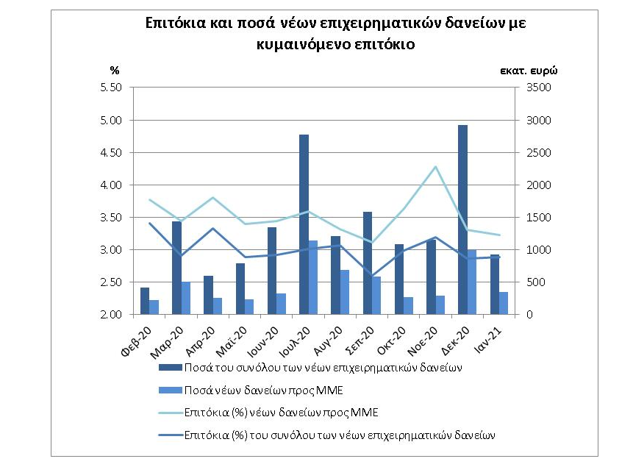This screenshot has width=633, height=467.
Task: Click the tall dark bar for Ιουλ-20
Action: click(304, 224)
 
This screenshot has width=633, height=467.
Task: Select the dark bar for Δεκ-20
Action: click(462, 220)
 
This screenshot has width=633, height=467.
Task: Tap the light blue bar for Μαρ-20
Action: click(186, 298)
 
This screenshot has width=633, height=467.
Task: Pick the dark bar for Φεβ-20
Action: click(145, 301)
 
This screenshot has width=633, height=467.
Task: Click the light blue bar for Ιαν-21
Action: click(504, 303)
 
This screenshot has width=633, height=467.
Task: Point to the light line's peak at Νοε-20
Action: click(435, 166)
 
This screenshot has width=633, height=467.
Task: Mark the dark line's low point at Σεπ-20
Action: click(372, 276)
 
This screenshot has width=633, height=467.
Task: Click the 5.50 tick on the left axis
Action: click(110, 88)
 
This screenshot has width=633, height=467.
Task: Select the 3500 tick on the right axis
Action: click(539, 88)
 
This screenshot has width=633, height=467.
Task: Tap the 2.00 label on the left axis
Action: click(110, 315)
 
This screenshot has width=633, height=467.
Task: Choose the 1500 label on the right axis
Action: click(539, 218)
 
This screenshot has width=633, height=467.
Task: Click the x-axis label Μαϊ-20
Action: click(232, 342)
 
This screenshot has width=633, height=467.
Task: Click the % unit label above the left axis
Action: click(115, 71)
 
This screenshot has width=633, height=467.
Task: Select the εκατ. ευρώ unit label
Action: click(529, 71)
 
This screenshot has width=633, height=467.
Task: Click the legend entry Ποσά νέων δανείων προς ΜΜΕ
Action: click(264, 391)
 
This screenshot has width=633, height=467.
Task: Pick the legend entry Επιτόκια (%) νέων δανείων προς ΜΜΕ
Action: click(282, 413)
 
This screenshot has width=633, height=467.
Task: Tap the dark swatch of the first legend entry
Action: click(171, 368)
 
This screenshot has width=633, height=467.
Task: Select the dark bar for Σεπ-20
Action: click(368, 263)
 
